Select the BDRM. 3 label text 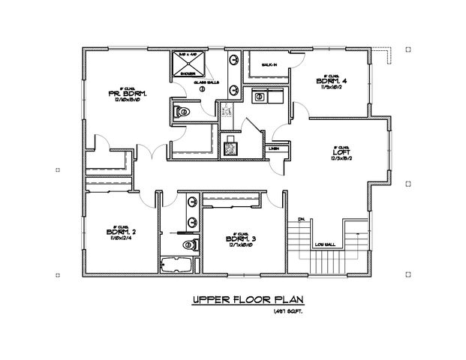pyautogui.click(x=241, y=239)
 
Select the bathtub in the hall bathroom pyautogui.click(x=177, y=263)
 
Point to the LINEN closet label pyautogui.click(x=274, y=148)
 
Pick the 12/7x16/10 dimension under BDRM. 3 pyautogui.click(x=241, y=247)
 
